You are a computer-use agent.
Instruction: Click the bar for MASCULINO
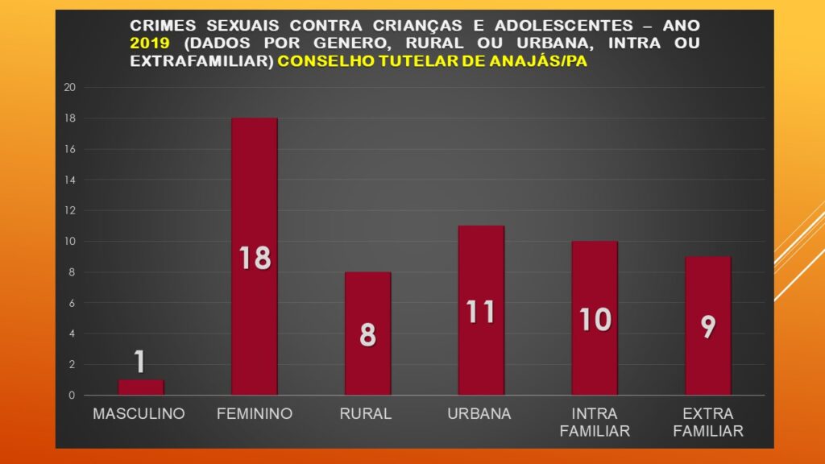140,387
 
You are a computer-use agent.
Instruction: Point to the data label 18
254,258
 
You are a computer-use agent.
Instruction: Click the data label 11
481,311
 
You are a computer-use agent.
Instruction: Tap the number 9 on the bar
708,326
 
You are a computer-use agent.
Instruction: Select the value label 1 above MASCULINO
140,362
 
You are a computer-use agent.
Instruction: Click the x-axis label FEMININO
254,414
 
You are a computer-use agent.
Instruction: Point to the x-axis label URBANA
479,414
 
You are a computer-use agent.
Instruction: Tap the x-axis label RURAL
366,414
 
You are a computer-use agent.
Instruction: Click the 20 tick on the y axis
69,87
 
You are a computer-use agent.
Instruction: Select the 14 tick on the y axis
69,180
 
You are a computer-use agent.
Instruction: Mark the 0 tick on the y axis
72,396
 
